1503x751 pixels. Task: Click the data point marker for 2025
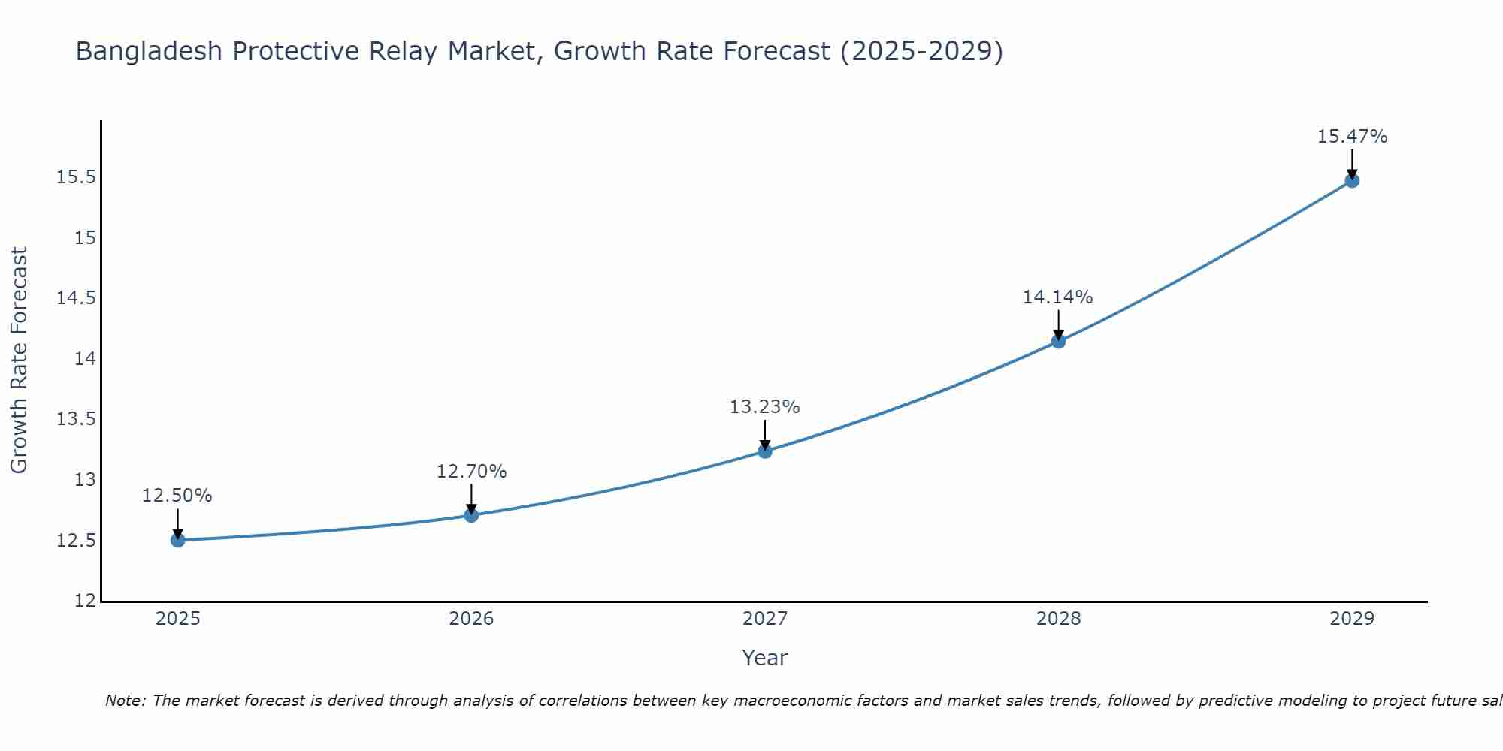177,540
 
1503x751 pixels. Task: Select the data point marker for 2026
471,515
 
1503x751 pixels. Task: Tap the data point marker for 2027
765,451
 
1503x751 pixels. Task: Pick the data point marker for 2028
1058,342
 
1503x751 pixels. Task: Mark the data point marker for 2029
1352,180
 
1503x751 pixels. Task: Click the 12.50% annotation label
177,496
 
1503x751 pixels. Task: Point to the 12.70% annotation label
471,472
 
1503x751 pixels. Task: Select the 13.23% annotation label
765,407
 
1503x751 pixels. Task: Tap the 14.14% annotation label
1058,297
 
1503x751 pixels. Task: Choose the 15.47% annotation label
1352,137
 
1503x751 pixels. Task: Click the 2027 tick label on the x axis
765,619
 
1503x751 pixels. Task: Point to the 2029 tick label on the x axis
1352,619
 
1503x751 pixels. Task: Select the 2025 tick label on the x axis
177,619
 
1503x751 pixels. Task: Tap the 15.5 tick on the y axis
77,178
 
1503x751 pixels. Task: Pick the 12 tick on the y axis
86,601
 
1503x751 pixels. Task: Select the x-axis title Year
765,658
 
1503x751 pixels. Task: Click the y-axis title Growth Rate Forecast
19,360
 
